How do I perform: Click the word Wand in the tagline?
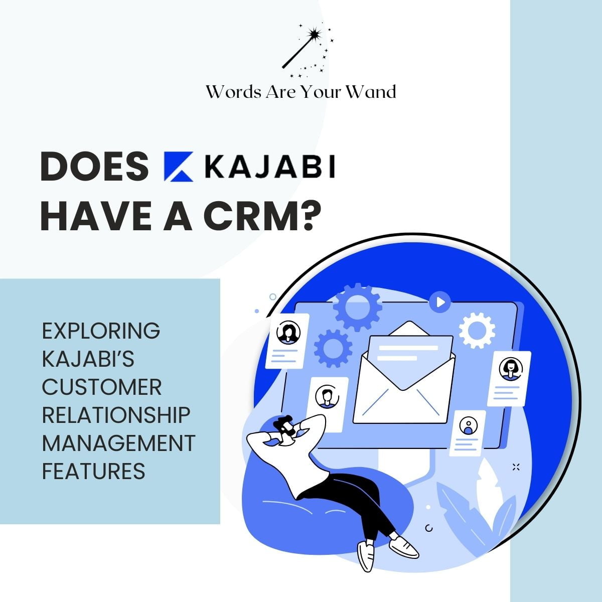pyautogui.click(x=374, y=92)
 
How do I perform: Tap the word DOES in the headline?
pyautogui.click(x=94, y=167)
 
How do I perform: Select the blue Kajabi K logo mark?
pyautogui.click(x=178, y=167)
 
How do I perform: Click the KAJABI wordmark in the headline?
pyautogui.click(x=270, y=167)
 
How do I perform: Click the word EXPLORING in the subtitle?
pyautogui.click(x=101, y=331)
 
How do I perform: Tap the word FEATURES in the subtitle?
pyautogui.click(x=93, y=472)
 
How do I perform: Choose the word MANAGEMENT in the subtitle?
pyautogui.click(x=118, y=443)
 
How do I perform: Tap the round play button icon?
pyautogui.click(x=440, y=302)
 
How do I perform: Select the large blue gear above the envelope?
pyautogui.click(x=357, y=308)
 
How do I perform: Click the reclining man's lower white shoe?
pyautogui.click(x=365, y=555)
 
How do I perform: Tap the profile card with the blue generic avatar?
pyautogui.click(x=467, y=432)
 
